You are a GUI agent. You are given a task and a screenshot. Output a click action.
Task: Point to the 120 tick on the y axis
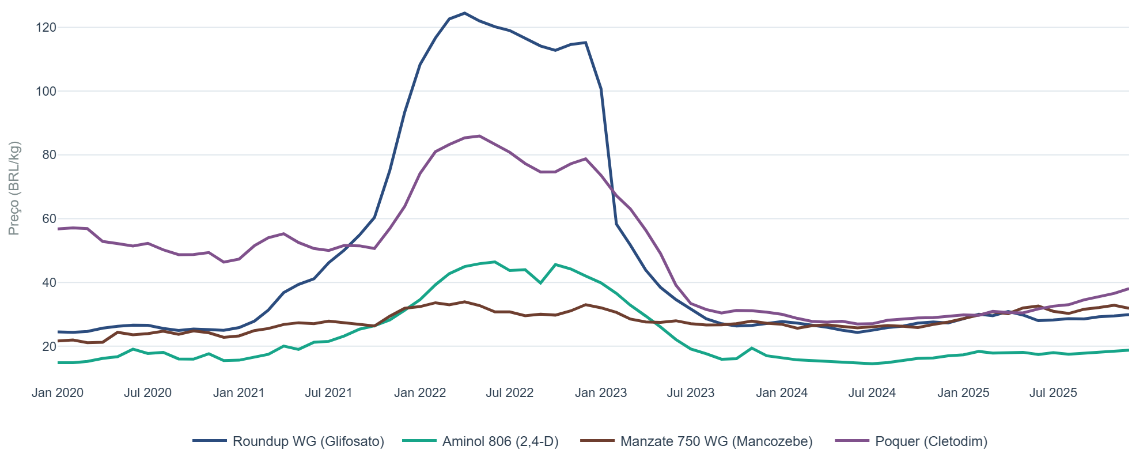point(45,28)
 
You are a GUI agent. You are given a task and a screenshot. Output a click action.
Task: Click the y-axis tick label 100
point(45,91)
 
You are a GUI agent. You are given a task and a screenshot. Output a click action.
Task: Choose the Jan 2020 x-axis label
point(58,393)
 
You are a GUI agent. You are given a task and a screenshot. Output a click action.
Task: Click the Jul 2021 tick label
point(328,393)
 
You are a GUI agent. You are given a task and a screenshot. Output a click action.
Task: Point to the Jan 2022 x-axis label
point(420,393)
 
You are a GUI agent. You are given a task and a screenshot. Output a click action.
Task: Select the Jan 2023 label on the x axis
point(601,393)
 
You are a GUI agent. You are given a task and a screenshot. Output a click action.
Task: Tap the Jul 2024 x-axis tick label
point(872,393)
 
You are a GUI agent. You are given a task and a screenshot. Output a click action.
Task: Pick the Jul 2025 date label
point(1053,393)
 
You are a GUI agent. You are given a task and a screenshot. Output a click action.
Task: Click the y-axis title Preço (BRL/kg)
point(14,188)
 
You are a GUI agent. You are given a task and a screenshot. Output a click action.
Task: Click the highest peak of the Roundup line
point(464,13)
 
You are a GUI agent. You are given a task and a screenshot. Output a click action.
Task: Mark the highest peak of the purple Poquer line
point(479,136)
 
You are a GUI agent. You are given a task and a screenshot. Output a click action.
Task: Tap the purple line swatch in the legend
point(851,441)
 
